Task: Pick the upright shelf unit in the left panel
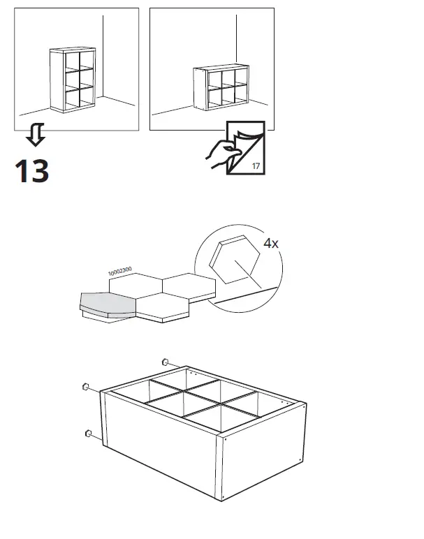72,80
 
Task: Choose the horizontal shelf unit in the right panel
221,87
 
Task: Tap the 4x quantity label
271,244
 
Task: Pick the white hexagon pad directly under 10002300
136,284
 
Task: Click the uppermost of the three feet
165,362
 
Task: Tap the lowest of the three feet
89,434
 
